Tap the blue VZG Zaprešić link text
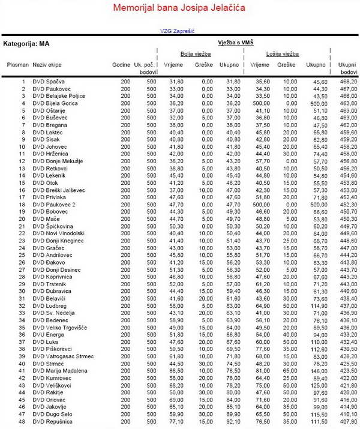[178, 31]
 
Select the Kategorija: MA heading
[26, 44]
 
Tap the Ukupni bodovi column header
[347, 67]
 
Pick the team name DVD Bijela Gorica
[56, 103]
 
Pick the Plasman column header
[17, 64]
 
